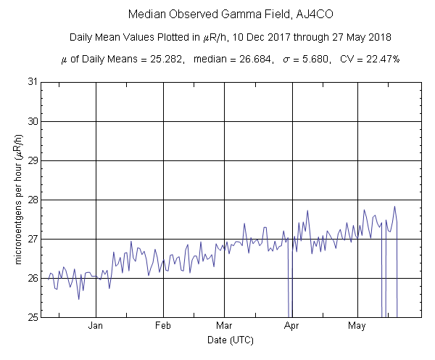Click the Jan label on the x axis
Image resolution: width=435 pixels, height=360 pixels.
96,326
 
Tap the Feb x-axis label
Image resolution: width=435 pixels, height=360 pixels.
163,326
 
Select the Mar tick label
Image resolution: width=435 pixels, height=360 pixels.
225,326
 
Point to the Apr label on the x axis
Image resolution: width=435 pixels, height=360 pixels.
292,326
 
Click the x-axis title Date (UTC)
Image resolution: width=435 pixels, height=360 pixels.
230,340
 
